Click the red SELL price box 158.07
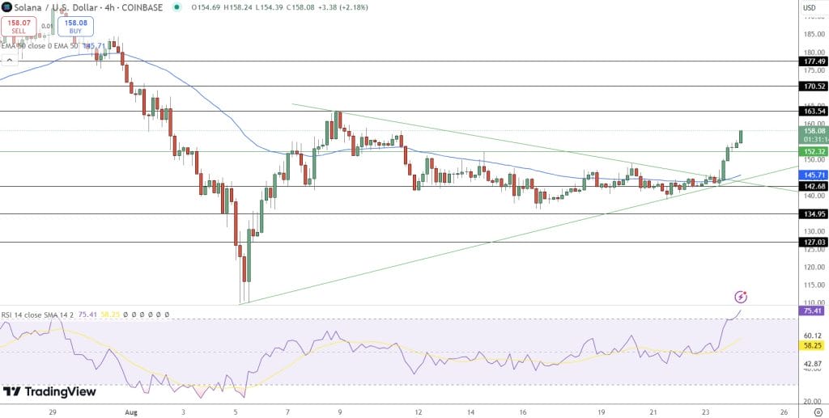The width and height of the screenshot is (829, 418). point(18,26)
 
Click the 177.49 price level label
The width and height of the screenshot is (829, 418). point(812,61)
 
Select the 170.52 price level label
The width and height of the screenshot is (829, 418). point(812,86)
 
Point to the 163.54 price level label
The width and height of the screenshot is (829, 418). point(812,111)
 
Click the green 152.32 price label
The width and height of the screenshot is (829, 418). point(812,151)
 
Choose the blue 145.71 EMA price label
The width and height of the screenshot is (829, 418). point(812,175)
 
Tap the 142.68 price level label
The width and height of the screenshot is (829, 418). point(812,187)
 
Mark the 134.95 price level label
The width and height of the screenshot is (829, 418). point(812,214)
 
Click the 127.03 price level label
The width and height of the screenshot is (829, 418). point(812,242)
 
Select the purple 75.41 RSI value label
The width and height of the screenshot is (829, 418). point(810,310)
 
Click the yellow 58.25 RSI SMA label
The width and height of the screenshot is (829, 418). point(810,344)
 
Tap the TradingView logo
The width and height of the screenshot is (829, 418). point(49,392)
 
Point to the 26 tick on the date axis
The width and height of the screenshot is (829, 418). point(784,412)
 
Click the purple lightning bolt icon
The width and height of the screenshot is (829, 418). point(740,298)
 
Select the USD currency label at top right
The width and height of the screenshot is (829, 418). point(809,8)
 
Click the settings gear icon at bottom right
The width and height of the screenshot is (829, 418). point(818,412)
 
